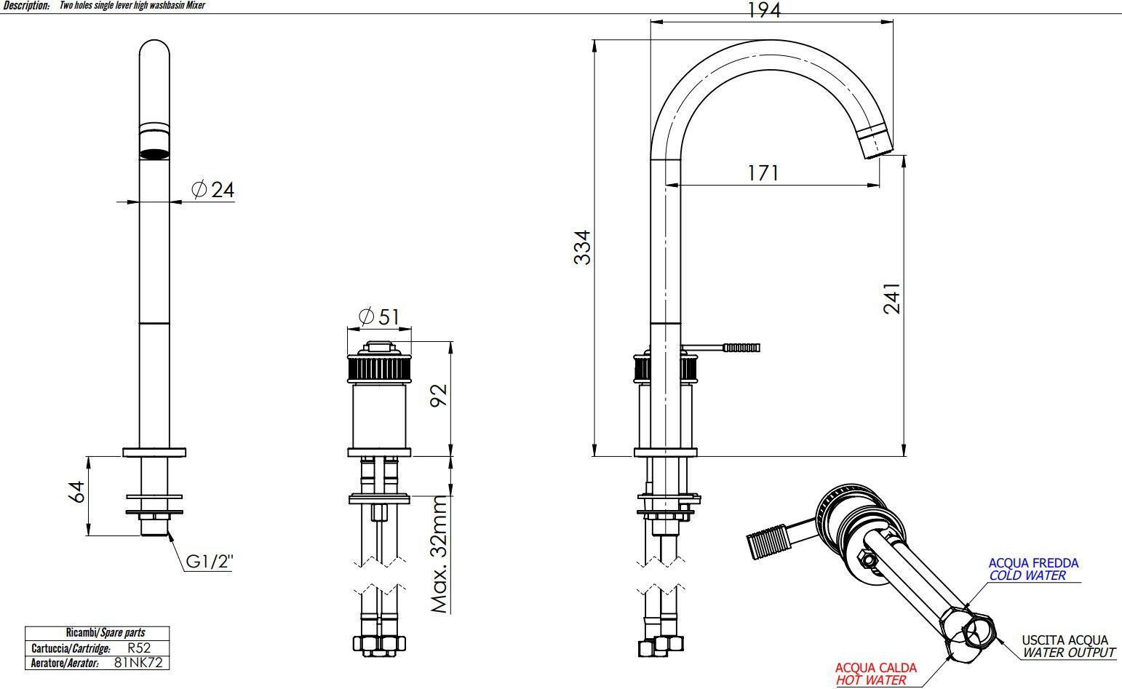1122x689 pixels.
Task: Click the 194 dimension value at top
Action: point(763,10)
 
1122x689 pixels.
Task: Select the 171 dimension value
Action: point(763,173)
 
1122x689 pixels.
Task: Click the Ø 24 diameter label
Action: point(212,190)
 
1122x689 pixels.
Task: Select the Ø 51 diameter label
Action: point(379,316)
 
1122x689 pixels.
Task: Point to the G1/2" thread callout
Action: point(210,562)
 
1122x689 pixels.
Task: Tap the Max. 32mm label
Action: point(439,554)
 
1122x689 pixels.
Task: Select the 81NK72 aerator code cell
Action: point(138,663)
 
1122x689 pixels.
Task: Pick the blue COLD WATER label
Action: point(1027,576)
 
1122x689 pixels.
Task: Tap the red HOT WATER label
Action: point(871,680)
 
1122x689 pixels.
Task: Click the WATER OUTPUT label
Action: point(1069,653)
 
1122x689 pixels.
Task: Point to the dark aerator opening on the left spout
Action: point(154,154)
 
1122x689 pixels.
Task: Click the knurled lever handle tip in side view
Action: point(741,348)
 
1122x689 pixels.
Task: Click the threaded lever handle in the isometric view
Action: point(768,541)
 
